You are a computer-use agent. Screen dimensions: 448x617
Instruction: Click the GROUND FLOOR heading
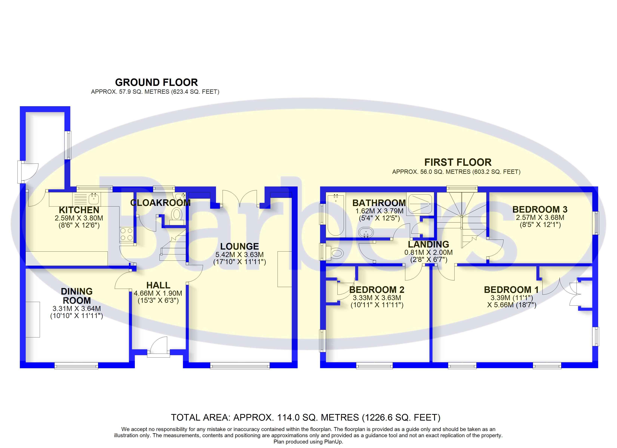coord(156,82)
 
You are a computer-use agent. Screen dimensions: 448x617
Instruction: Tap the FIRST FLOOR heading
coord(458,162)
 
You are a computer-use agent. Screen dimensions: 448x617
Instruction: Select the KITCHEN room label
coord(79,210)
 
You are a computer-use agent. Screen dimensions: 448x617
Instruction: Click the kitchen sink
coord(94,199)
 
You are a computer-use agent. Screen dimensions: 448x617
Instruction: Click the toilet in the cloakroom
coord(177,214)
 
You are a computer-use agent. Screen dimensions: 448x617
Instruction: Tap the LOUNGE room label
coord(239,246)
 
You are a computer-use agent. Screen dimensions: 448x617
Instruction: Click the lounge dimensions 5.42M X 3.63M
coord(239,255)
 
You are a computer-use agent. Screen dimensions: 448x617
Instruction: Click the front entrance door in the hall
coord(159,347)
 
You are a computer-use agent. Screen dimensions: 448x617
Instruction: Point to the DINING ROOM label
coord(77,296)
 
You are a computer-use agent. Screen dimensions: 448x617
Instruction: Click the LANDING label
coord(429,244)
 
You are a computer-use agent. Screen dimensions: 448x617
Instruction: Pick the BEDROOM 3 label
coord(540,209)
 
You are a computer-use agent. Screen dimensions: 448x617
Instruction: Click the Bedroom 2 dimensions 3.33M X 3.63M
coord(377,298)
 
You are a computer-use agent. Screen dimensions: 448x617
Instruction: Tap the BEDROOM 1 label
coord(511,290)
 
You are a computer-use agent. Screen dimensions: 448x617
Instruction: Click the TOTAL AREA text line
coord(306,417)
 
